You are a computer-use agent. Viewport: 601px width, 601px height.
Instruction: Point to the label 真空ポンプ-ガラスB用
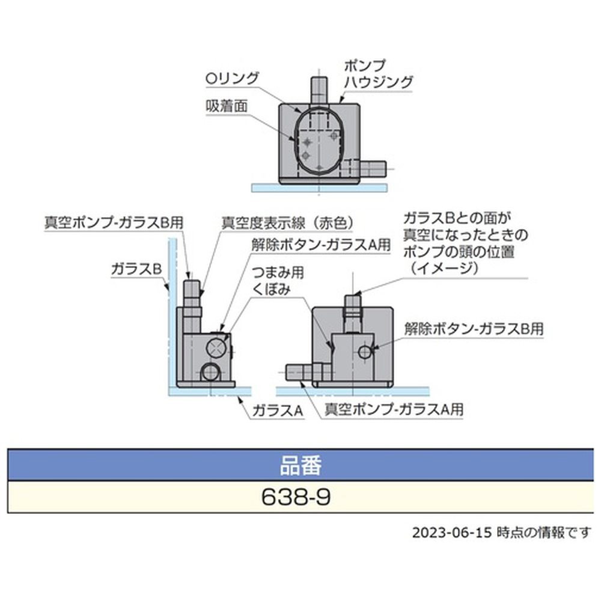click(x=114, y=222)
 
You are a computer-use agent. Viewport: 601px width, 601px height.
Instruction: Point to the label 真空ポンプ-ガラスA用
click(x=394, y=410)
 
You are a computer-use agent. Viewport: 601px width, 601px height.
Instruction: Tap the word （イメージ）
click(x=441, y=268)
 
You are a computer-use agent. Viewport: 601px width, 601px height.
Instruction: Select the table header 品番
click(x=300, y=465)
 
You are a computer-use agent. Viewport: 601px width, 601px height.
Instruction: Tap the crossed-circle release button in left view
click(x=216, y=347)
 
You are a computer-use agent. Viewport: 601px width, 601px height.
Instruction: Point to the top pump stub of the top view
click(x=317, y=90)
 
